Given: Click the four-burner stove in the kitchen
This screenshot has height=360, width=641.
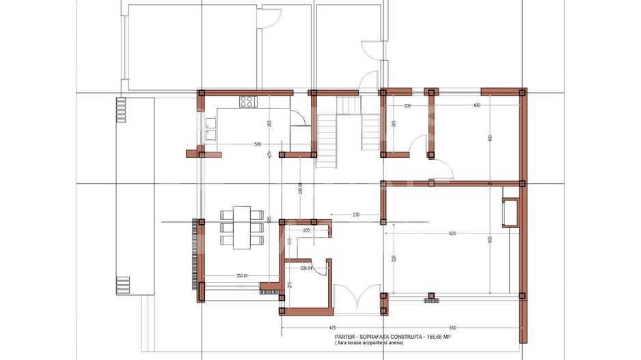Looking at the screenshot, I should click(247, 102).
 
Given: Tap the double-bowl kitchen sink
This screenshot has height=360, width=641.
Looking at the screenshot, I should click(211, 129).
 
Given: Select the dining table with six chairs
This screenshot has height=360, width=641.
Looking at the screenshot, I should click(242, 225).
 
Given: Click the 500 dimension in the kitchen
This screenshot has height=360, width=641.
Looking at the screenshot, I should click(258, 144).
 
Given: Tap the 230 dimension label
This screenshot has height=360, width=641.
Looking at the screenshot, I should click(355, 215).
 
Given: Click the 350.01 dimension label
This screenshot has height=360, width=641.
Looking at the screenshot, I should click(242, 275).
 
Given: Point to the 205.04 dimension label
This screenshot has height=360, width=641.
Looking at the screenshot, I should click(307, 268).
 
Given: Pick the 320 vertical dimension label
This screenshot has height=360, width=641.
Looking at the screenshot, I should click(394, 259).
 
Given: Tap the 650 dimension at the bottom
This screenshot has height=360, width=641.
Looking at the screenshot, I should click(452, 328).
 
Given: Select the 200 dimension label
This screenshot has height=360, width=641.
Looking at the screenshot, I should click(407, 105).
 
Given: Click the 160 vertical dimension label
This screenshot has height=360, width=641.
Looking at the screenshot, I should click(289, 241).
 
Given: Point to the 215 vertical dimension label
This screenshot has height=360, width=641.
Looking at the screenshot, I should click(289, 285).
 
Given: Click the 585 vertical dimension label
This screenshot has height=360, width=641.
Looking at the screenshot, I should click(269, 219).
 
